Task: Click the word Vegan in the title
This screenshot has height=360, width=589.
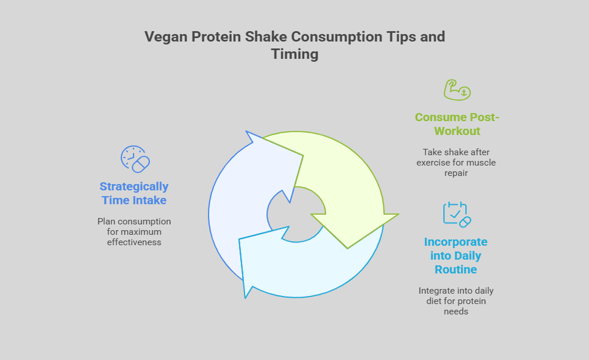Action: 166,37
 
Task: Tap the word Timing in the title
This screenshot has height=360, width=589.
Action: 295,54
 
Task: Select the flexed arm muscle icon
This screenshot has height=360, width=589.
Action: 457,90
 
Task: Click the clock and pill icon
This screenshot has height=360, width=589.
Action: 135,159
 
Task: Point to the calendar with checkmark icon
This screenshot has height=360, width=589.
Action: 457,215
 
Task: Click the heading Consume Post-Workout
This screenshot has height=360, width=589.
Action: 457,124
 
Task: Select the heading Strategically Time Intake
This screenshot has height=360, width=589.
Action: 134,193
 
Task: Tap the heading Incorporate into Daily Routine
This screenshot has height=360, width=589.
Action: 456,256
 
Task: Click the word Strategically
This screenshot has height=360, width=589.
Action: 134,187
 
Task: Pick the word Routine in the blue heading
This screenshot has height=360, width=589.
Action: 456,269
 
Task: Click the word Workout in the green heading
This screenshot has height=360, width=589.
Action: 457,131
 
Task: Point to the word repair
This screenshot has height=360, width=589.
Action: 456,173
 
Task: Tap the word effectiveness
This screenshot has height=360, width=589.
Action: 134,242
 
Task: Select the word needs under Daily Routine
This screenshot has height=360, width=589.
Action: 456,311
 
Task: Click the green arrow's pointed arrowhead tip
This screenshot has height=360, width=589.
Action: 348,249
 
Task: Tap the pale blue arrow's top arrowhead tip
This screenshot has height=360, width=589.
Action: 246,131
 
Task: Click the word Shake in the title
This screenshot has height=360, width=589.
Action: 266,37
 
